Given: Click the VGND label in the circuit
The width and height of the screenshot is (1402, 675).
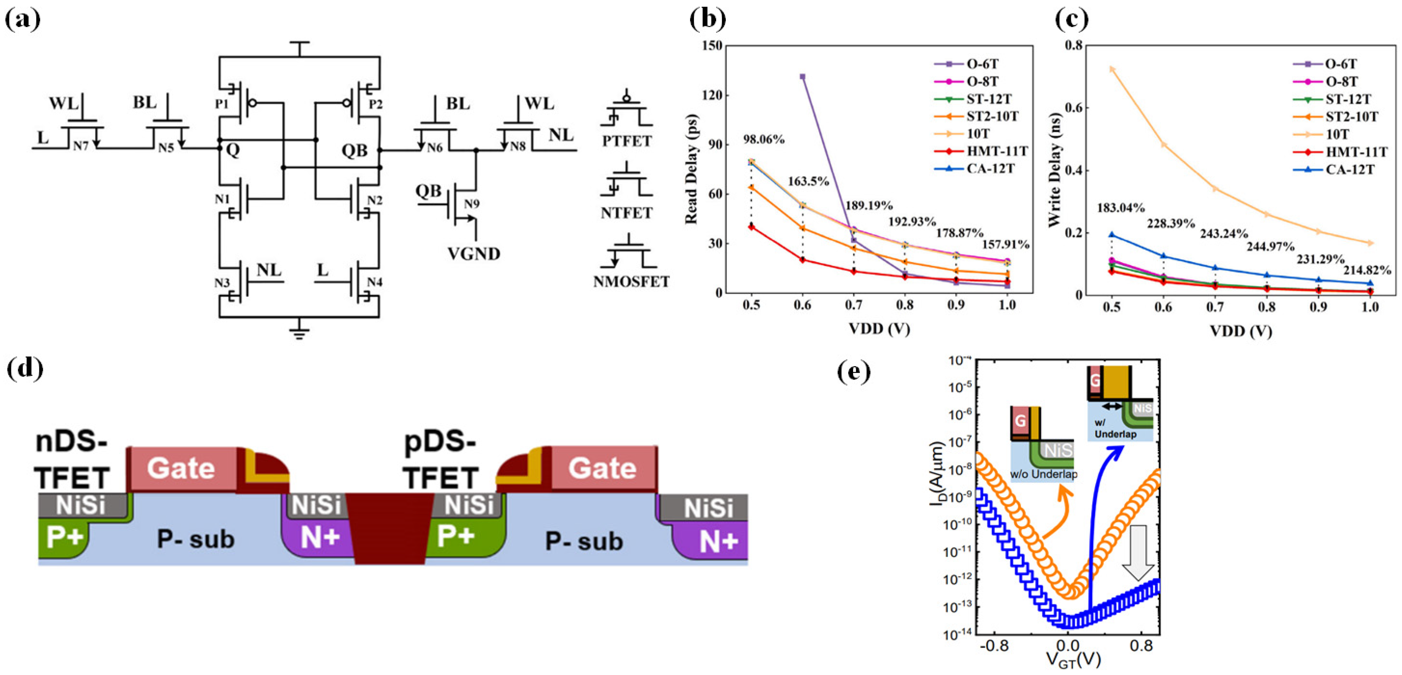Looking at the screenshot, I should (x=474, y=254).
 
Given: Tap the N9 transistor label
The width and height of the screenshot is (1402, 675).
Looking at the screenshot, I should (x=471, y=204).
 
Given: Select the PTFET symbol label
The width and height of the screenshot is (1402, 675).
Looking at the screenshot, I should (x=627, y=141).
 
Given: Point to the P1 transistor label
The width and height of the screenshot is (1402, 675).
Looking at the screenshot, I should (x=221, y=103).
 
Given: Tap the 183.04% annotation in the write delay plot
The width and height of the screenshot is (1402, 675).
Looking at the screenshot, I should (x=1121, y=208).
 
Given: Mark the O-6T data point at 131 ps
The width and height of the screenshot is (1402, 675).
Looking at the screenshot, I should (x=802, y=77).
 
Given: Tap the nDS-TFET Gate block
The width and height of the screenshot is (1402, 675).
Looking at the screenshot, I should (x=181, y=469).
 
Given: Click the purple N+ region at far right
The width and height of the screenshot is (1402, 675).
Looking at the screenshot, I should (x=718, y=541).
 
